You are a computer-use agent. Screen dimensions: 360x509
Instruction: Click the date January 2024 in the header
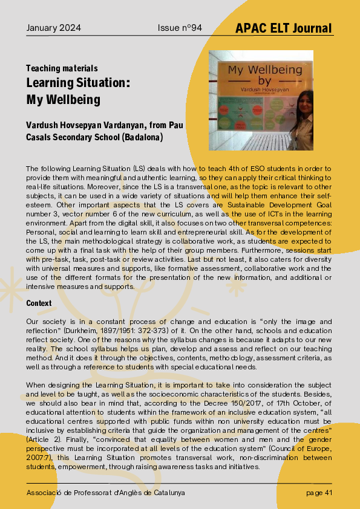coord(54,28)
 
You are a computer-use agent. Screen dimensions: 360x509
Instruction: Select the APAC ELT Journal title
coord(284,28)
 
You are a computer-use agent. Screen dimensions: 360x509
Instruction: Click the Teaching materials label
coord(62,69)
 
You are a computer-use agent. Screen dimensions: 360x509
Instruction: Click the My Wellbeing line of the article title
coord(63,99)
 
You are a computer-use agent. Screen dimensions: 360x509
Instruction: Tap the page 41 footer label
coord(319,493)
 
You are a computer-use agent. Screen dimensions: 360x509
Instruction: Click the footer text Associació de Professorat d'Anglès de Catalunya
coord(106,493)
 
